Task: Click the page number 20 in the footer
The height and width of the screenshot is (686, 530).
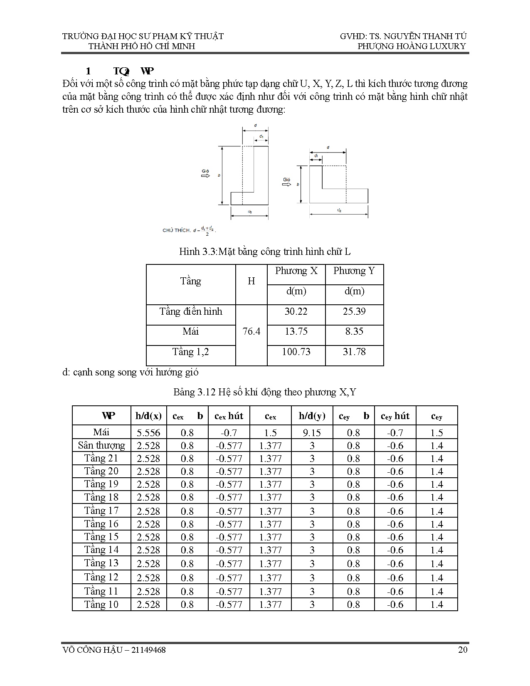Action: tap(463, 649)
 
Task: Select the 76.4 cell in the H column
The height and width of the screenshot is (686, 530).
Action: tap(251, 331)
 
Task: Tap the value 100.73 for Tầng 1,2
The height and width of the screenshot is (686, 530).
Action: tap(296, 352)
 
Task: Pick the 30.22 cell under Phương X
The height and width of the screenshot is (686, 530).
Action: tap(296, 311)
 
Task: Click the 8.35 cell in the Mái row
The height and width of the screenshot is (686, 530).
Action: tap(354, 331)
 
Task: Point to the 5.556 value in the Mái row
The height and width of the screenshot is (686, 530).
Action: tap(148, 433)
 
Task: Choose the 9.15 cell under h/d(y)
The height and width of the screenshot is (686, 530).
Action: tap(312, 433)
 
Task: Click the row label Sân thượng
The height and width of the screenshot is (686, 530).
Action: tap(101, 446)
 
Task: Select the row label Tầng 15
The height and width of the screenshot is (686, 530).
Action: tap(101, 537)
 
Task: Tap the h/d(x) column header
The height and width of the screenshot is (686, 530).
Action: tap(148, 416)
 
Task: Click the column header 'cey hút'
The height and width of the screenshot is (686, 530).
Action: tap(395, 416)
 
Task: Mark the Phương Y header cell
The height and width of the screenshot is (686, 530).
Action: tap(354, 271)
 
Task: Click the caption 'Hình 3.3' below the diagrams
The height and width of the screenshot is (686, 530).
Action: tap(198, 252)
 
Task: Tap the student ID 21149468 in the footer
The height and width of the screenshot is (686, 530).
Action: tap(148, 649)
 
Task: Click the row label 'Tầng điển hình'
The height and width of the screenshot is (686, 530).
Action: tap(191, 311)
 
